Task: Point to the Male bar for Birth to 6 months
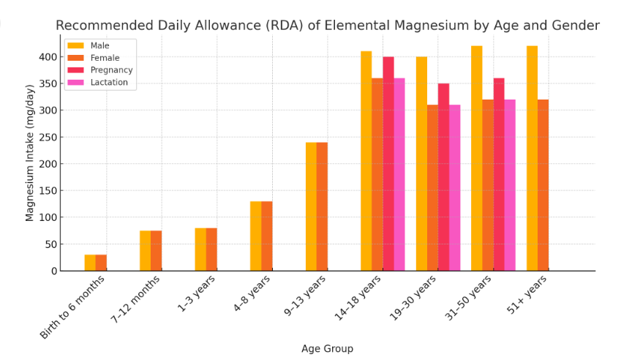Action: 90,263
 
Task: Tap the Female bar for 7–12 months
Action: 157,251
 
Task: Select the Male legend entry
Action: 99,45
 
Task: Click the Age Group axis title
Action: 327,349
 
